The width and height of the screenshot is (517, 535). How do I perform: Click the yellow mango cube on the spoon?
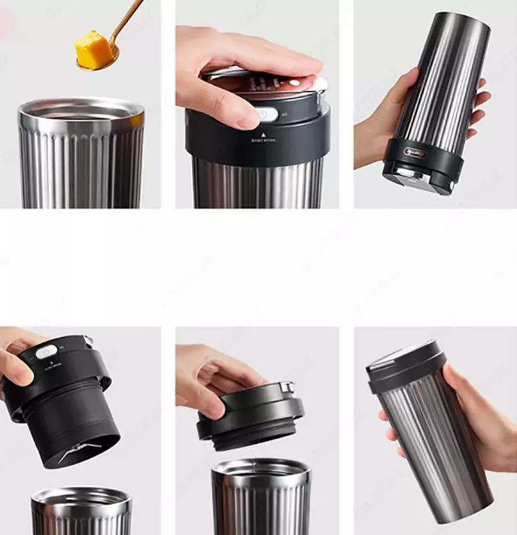[92, 47]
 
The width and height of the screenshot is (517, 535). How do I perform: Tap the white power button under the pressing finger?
[266, 114]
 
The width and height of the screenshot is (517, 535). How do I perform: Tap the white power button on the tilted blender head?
[46, 351]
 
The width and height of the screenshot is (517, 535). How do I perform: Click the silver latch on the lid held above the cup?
[288, 387]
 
